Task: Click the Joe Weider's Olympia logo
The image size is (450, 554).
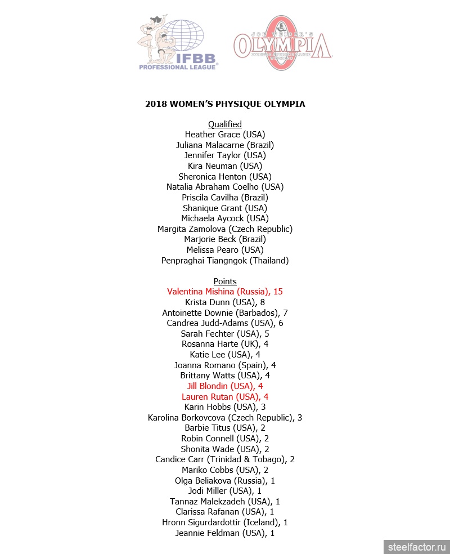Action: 282,44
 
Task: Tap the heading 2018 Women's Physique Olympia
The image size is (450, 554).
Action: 225,104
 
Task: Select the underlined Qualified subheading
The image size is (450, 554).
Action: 225,124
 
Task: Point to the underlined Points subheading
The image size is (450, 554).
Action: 225,282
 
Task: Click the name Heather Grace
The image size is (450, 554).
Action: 225,135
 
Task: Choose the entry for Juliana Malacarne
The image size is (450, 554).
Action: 225,145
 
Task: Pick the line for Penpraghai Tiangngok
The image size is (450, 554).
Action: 225,261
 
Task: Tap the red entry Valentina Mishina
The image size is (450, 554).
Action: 225,292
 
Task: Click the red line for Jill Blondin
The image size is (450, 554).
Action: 225,386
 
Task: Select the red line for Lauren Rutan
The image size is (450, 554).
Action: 225,397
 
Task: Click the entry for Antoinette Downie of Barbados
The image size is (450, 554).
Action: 225,313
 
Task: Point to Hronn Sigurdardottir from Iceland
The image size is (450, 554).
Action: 225,522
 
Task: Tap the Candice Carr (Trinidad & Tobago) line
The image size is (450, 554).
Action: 225,459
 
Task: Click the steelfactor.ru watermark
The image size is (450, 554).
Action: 416,546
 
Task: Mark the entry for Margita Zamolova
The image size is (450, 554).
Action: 225,229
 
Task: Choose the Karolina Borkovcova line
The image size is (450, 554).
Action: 225,418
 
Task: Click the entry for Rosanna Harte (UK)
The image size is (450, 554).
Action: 225,344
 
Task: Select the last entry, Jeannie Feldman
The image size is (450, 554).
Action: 225,533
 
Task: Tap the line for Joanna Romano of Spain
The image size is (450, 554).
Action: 225,365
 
